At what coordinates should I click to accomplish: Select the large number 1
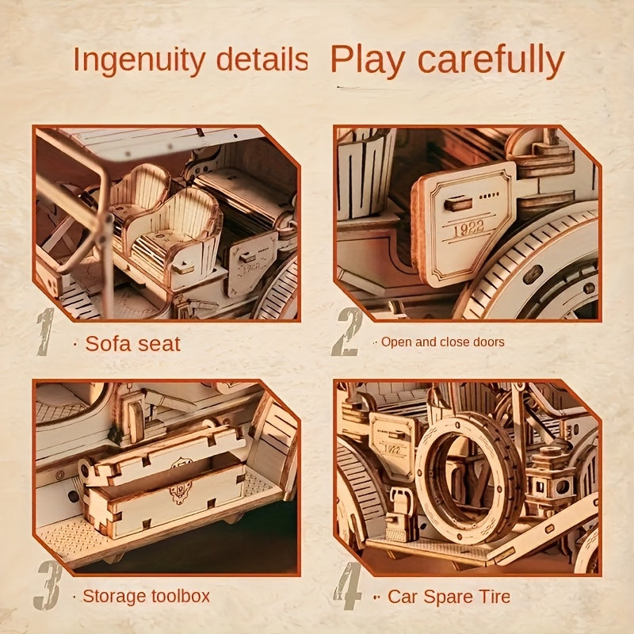point(45,330)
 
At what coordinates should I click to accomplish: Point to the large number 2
point(346,332)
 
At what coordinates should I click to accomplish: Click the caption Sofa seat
point(132,343)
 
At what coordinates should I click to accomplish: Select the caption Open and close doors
point(442,342)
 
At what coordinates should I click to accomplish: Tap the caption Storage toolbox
point(147,596)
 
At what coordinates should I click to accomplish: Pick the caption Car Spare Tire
point(449,596)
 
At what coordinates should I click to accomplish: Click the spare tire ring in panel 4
point(468,475)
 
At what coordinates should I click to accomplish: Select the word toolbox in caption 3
point(181,596)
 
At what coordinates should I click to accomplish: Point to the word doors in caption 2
point(490,342)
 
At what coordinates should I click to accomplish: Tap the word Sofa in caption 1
point(105,343)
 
